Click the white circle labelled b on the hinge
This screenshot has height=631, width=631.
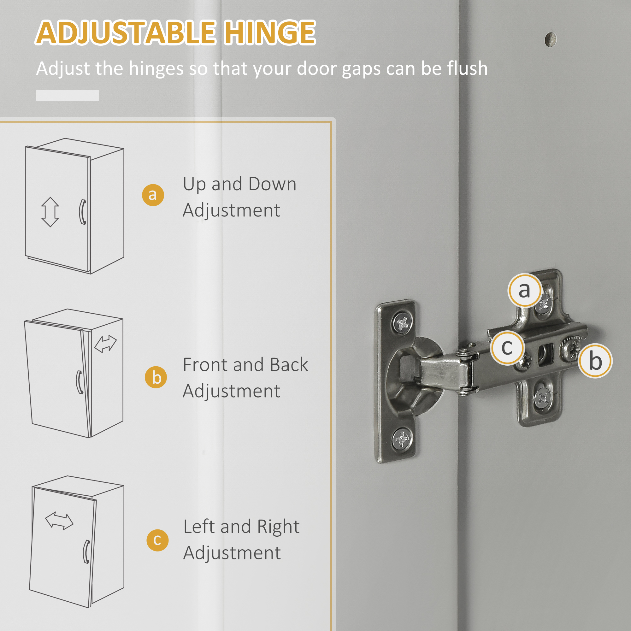[x=595, y=361]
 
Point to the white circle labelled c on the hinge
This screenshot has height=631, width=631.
[x=507, y=347]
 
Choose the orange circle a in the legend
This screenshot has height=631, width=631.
[x=153, y=195]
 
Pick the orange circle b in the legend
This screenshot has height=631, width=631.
[x=156, y=377]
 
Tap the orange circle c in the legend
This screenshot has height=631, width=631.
[x=157, y=540]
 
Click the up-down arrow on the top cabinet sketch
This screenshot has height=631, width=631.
[x=50, y=212]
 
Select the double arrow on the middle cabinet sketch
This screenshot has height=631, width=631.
[x=105, y=344]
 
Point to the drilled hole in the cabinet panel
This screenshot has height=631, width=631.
[x=551, y=39]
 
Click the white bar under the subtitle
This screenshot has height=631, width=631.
[x=67, y=95]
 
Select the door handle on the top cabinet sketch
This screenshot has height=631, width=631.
[x=83, y=212]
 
